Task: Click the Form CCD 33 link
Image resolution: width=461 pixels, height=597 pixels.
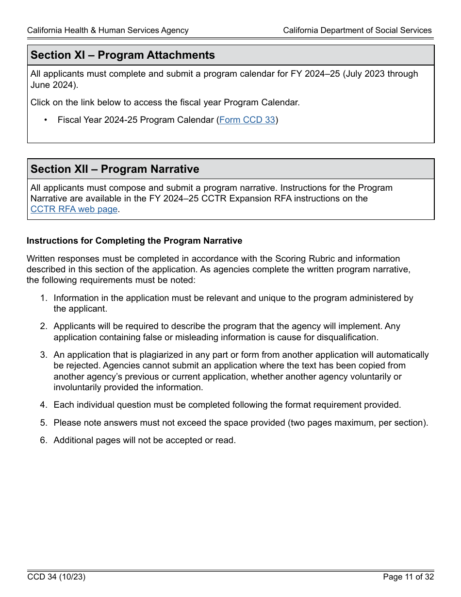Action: (247, 120)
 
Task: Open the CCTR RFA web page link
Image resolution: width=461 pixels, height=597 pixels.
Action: (74, 209)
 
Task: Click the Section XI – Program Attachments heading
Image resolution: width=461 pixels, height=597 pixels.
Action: (123, 55)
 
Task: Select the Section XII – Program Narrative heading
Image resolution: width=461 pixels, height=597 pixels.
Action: (115, 169)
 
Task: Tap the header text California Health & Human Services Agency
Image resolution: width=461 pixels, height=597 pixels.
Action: (108, 31)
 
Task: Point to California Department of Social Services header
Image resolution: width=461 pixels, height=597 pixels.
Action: (357, 31)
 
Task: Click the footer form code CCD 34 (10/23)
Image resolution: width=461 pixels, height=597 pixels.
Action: (56, 577)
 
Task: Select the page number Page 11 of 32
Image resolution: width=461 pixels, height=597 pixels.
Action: (408, 577)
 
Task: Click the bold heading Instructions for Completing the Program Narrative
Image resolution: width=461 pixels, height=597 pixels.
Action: (134, 241)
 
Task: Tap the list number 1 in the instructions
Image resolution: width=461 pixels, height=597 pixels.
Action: (43, 298)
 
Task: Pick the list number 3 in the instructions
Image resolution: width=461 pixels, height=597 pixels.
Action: (43, 355)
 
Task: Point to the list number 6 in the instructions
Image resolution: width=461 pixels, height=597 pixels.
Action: (43, 440)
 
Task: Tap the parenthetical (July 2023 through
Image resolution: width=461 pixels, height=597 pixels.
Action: (380, 74)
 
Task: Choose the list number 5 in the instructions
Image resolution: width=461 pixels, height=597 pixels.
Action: (43, 423)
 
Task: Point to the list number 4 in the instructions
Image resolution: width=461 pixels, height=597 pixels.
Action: (43, 405)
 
